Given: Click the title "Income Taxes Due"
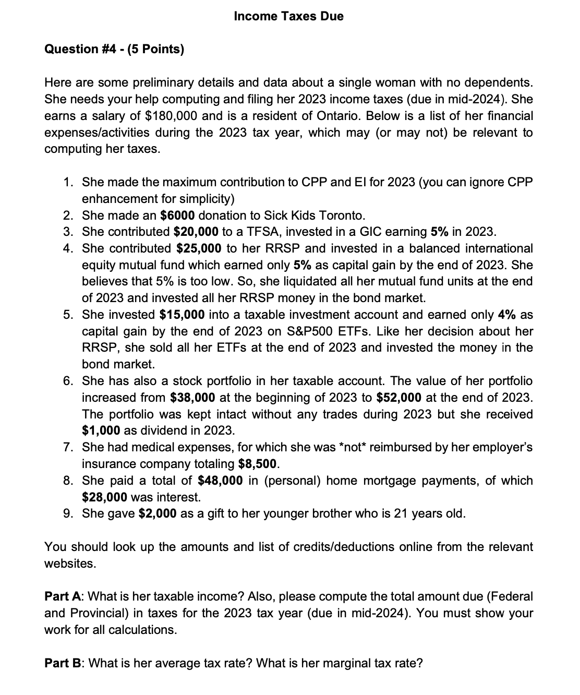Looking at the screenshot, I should click(x=288, y=16).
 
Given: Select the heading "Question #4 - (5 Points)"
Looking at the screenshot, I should click(x=114, y=49).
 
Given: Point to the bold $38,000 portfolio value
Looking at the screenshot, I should click(x=192, y=398).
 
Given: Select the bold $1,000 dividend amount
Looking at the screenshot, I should click(x=101, y=431).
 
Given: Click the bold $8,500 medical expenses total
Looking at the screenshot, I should click(x=259, y=464).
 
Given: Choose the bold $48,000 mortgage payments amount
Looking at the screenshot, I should click(x=220, y=481).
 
